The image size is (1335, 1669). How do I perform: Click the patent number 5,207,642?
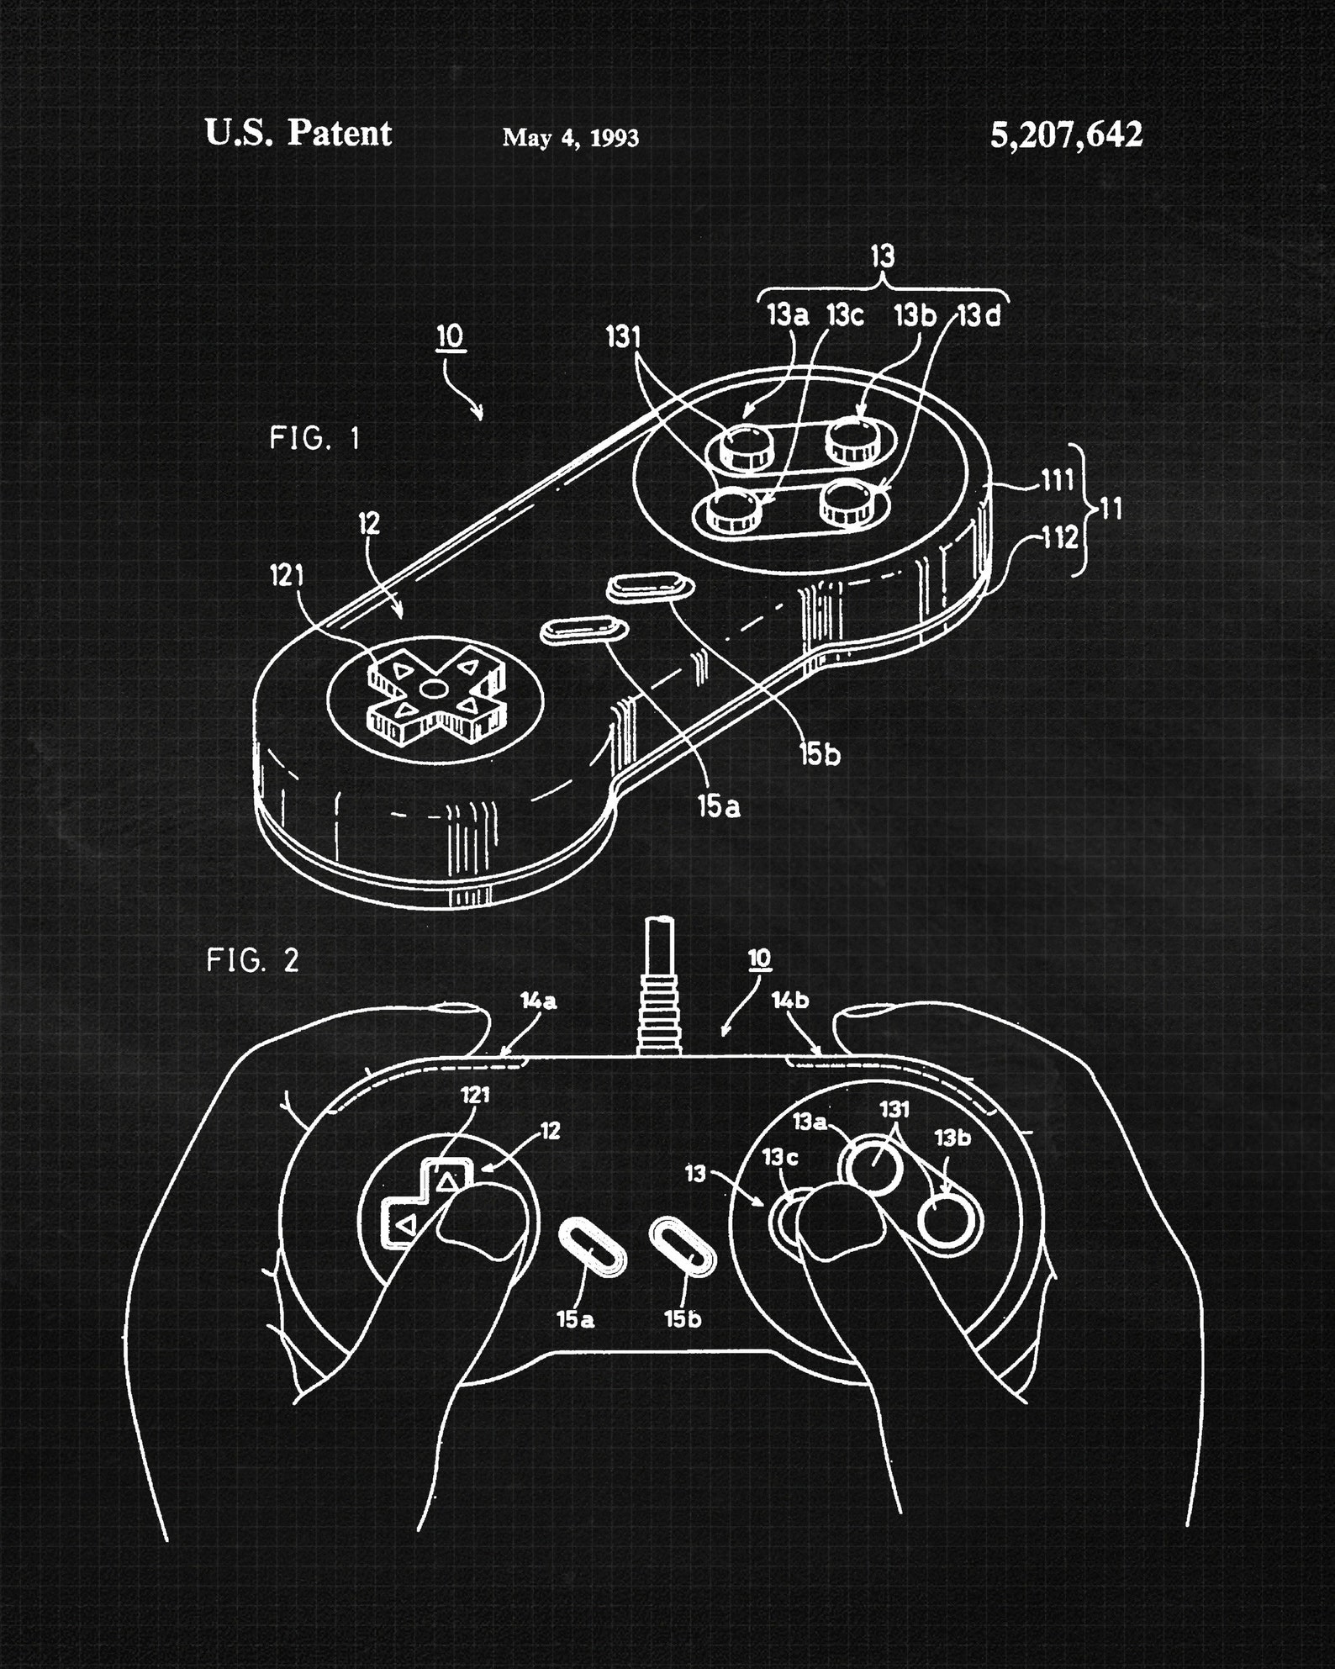[1066, 135]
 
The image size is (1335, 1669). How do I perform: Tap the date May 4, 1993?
[570, 138]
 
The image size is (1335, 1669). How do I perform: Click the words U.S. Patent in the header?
[298, 134]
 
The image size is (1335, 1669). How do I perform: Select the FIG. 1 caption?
[314, 438]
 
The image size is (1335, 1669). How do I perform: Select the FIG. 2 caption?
[252, 960]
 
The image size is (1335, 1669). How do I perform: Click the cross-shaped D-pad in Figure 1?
[434, 689]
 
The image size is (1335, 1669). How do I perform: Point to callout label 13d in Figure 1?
[980, 316]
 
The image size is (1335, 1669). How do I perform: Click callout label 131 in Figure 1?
[623, 338]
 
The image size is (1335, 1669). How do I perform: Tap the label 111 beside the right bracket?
[1057, 481]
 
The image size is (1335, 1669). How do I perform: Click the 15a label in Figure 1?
[719, 807]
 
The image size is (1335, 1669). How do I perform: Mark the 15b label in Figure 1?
[820, 755]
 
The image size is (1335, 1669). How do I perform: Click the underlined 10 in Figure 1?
[451, 336]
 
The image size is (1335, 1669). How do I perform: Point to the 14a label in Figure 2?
[538, 1001]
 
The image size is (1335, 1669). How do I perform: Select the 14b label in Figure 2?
[790, 1001]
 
